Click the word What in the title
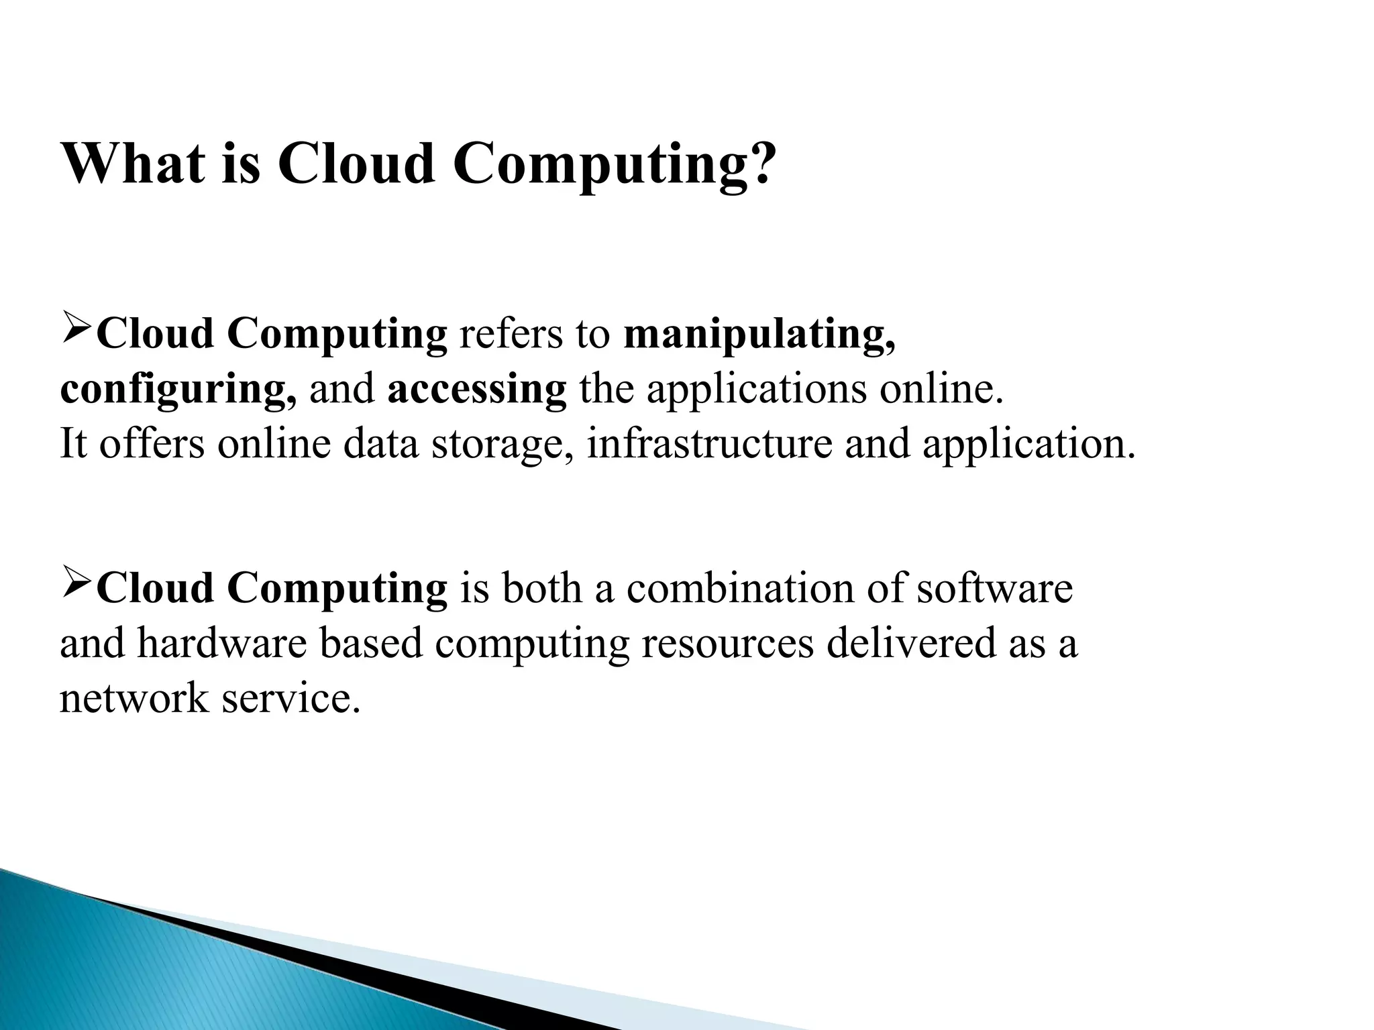click(133, 163)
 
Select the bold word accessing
click(477, 390)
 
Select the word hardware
click(222, 644)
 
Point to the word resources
click(727, 644)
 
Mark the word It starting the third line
click(74, 443)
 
